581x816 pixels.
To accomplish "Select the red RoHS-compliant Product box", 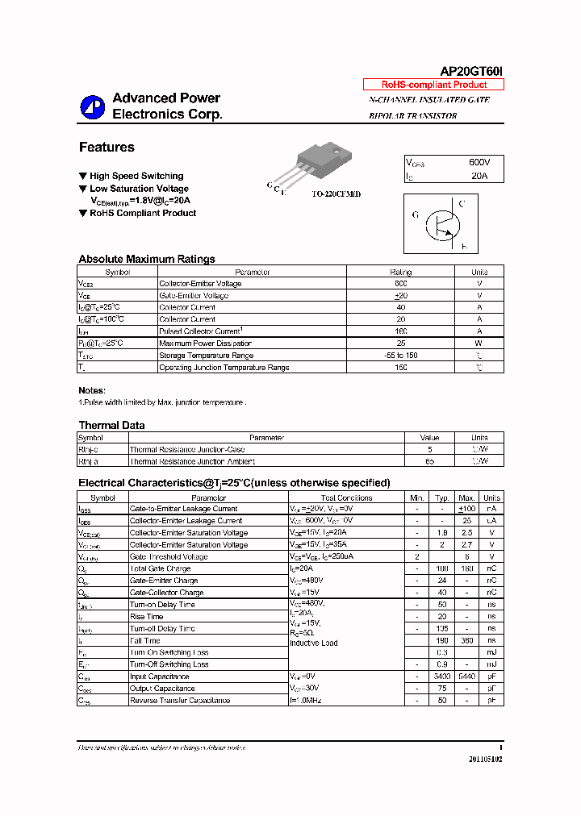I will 434,85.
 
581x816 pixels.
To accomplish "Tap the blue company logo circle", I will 92,107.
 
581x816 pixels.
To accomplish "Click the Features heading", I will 107,148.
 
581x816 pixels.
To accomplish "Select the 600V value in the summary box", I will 480,162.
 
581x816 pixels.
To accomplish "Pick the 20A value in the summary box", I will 479,175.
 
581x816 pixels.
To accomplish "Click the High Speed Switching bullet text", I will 136,176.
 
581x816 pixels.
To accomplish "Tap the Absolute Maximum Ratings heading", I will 147,259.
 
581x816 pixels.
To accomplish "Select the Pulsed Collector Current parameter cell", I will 200,331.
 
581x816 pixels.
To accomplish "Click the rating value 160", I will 400,331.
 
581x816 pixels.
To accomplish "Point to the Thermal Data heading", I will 111,425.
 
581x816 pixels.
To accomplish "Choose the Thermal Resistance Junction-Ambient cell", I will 193,461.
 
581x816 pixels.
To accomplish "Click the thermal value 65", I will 429,461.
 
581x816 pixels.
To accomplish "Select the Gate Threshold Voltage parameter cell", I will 169,557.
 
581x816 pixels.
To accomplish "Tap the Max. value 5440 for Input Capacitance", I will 466,677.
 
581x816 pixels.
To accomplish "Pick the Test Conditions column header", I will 346,498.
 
